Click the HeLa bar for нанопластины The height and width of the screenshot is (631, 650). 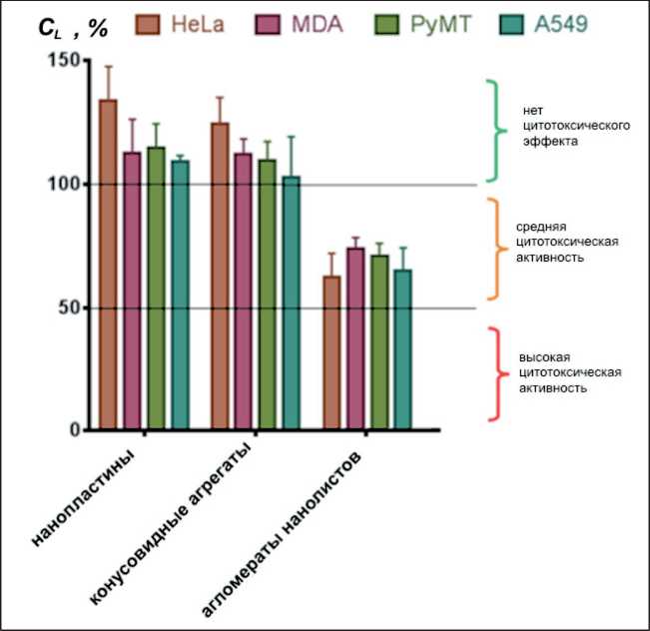108,266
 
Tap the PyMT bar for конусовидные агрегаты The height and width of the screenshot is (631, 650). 267,295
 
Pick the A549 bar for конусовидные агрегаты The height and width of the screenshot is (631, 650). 291,304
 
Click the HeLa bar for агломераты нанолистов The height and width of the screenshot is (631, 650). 331,353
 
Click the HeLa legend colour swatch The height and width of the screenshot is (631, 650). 150,23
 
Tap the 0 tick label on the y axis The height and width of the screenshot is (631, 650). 73,430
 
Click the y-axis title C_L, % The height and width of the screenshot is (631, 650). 72,27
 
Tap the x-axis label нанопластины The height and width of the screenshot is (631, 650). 85,499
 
